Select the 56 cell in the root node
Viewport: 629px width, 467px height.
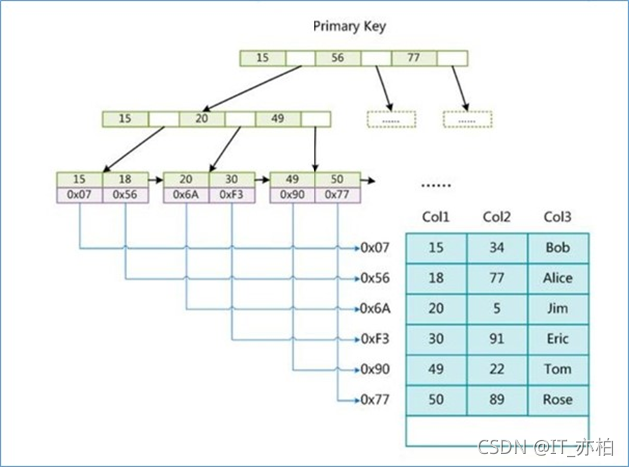pyautogui.click(x=338, y=58)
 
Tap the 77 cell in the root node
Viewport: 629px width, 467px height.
pyautogui.click(x=414, y=58)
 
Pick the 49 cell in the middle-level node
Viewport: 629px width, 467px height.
pyautogui.click(x=277, y=119)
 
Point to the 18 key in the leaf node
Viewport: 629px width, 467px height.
pyautogui.click(x=125, y=180)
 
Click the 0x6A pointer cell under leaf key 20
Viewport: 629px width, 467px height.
pyautogui.click(x=186, y=194)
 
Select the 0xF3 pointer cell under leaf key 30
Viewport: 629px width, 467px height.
pyautogui.click(x=232, y=194)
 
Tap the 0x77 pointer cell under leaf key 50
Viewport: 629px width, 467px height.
pyautogui.click(x=338, y=194)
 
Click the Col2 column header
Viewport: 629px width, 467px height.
pyautogui.click(x=496, y=216)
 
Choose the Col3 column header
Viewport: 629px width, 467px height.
pyautogui.click(x=557, y=216)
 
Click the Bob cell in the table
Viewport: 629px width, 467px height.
pyautogui.click(x=557, y=247)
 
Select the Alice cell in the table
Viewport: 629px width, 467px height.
pyautogui.click(x=557, y=278)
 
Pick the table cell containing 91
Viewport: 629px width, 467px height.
pyautogui.click(x=496, y=339)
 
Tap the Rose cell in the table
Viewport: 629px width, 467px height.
pyautogui.click(x=557, y=400)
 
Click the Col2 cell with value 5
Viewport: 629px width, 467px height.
pyautogui.click(x=496, y=309)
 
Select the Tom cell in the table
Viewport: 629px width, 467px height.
pyautogui.click(x=557, y=370)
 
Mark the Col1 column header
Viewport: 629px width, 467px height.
pyautogui.click(x=437, y=216)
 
